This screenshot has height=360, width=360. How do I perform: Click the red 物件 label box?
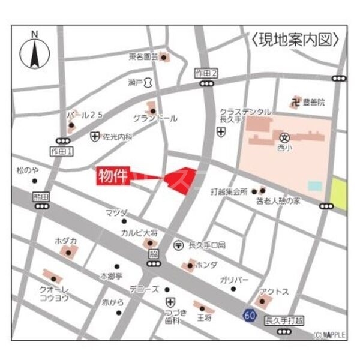(114, 176)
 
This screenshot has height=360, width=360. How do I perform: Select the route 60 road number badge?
(249, 314)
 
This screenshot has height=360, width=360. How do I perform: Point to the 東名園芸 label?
(143, 57)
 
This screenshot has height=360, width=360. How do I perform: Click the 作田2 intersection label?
(206, 73)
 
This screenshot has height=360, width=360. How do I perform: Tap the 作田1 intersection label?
(61, 152)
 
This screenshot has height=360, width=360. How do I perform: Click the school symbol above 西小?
(285, 137)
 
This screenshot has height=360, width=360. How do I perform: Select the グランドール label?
(155, 119)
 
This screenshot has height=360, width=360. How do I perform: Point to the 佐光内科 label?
(117, 137)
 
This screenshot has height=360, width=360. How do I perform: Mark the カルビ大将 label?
(139, 232)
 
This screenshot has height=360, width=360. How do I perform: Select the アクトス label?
(275, 292)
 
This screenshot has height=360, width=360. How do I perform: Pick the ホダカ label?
(65, 240)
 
